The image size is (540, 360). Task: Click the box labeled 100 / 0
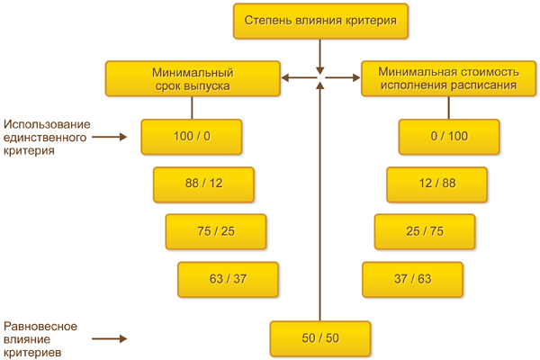point(191,137)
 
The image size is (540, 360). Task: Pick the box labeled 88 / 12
point(202,184)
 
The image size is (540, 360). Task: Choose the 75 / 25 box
point(215,231)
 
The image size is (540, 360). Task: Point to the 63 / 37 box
point(228,279)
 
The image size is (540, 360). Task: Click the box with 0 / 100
point(449,137)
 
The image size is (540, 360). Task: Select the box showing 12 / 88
point(437,184)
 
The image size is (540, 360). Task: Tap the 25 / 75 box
point(425,231)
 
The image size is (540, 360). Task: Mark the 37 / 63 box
point(412,279)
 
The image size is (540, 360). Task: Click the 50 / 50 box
point(320,337)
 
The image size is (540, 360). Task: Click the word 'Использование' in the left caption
point(45,124)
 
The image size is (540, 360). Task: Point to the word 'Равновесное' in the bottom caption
point(39,327)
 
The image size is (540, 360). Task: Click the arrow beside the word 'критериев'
point(108,339)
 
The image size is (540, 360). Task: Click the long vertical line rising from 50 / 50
point(320,207)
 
